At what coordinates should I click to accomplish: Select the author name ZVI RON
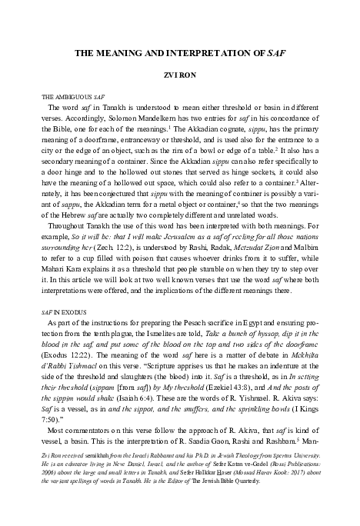[180, 77]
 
